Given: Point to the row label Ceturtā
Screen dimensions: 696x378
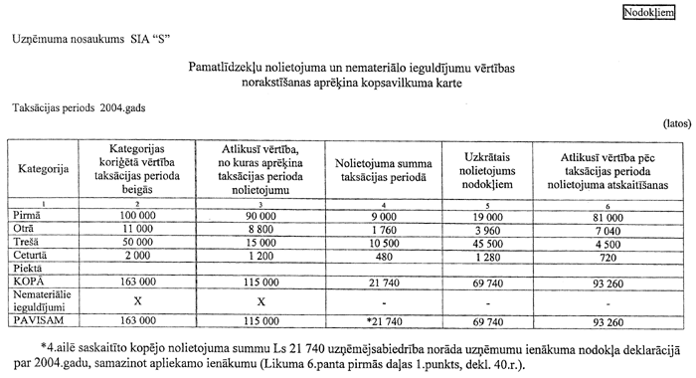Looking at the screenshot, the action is (x=31, y=256).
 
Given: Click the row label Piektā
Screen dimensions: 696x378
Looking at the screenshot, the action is (x=27, y=269).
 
